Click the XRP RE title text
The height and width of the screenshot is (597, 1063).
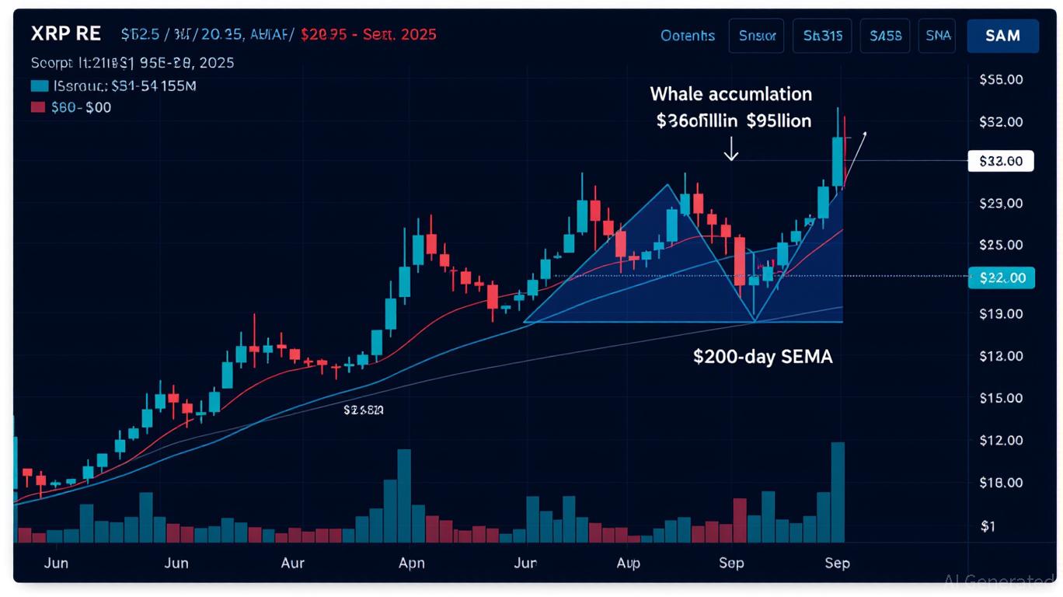(66, 34)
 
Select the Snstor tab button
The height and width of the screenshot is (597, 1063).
(757, 36)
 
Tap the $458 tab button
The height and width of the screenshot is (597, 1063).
(885, 36)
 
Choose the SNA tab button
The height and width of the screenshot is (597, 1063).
(938, 36)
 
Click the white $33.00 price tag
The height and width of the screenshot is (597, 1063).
(1001, 162)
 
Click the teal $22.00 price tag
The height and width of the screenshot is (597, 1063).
(1002, 277)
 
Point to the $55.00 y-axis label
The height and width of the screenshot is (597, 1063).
(1002, 79)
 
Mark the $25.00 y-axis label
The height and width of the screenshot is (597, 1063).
(1002, 244)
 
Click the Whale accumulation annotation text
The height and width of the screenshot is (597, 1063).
(730, 94)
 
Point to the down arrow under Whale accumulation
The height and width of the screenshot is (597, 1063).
(730, 150)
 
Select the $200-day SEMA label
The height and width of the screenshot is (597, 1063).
(762, 357)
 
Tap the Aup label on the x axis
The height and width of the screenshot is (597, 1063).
(628, 563)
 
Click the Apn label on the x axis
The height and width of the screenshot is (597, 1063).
(411, 563)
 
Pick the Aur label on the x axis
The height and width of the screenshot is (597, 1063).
(292, 563)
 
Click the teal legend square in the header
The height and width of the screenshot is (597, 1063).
(39, 86)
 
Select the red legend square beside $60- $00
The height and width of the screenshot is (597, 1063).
(39, 108)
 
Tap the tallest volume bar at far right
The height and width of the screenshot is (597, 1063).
(837, 491)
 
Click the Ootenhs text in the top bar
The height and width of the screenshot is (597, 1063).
(687, 36)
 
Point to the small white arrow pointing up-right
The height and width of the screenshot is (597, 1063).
(858, 148)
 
